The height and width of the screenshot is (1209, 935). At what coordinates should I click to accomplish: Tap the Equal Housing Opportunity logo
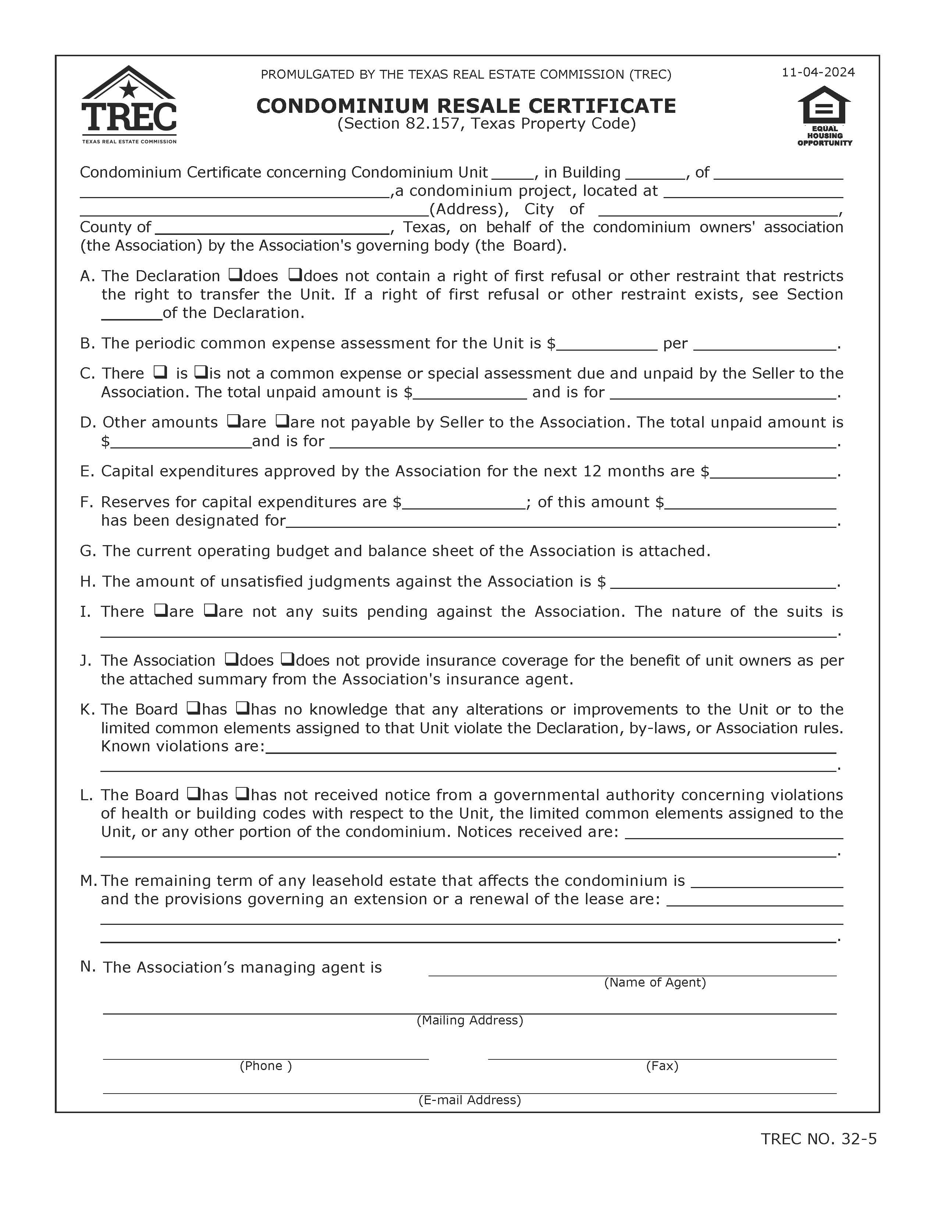coord(824,116)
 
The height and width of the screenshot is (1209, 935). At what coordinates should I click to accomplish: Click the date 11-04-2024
coord(818,72)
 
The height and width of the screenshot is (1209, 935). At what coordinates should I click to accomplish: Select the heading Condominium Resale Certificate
coord(466,106)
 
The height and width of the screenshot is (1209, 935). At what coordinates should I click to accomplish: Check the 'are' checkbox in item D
coord(232,421)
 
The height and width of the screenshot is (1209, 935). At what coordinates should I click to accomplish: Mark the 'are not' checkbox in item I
coord(210,610)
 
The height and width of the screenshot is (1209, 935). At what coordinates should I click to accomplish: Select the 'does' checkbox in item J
coord(231,659)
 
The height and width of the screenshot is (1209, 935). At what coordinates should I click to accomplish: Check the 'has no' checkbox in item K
coord(242,708)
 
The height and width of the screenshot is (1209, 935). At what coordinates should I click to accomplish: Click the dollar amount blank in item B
coord(607,344)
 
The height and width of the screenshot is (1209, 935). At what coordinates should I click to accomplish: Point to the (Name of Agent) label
coord(655,982)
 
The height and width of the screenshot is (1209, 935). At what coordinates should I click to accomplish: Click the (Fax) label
coord(662,1066)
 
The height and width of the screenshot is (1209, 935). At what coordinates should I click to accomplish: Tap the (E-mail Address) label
coord(470,1099)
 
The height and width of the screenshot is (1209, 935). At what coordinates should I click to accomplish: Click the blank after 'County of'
coord(271,228)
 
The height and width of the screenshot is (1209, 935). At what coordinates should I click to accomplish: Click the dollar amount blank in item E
coord(773,472)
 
